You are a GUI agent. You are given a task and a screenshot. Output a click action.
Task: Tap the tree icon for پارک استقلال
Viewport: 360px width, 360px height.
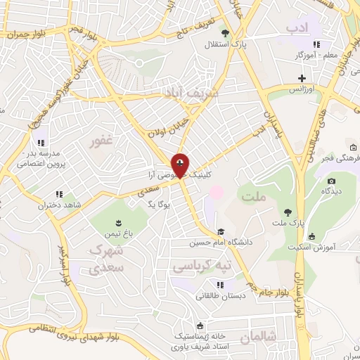coord(225,33)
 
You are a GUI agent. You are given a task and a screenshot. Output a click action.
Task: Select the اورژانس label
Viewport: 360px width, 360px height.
coord(302,90)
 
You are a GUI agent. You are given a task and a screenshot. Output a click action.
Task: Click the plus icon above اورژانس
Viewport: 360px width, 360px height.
coord(302,78)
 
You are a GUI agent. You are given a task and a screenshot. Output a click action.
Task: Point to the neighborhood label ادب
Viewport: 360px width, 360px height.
coord(297,27)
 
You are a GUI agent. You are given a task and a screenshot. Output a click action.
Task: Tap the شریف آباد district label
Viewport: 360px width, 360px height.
coord(191,92)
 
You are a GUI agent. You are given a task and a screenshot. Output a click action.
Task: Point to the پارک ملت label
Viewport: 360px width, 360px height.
coord(288,223)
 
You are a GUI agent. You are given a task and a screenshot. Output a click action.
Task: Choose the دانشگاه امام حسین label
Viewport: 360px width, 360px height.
coord(220,243)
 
